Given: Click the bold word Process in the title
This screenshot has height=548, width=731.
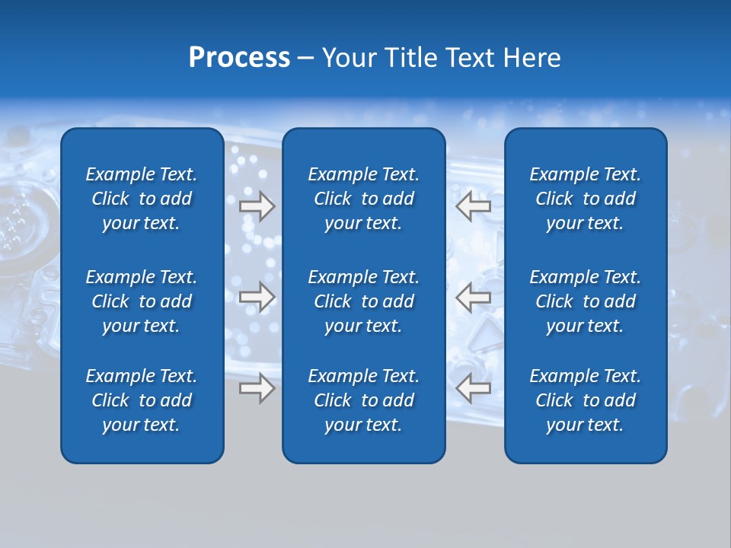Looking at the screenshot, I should point(239,58).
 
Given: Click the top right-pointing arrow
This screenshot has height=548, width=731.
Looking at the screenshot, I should point(257,206).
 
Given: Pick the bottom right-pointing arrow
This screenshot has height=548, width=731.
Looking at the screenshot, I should point(257,388).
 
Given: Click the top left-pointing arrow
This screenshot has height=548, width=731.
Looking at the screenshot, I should point(474,206).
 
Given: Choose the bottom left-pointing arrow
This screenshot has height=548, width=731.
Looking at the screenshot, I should point(474,388).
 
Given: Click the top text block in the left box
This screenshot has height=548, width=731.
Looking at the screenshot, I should point(142,199).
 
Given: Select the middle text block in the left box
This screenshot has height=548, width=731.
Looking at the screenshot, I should point(142,301).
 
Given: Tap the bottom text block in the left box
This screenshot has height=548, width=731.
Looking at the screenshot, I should point(142,400).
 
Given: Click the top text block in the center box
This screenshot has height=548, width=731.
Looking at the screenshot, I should point(363,199).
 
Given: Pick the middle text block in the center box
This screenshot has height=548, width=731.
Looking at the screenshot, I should point(363,301).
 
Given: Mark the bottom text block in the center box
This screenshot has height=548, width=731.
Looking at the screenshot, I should point(363,400).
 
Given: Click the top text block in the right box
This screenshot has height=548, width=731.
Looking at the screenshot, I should point(585,199).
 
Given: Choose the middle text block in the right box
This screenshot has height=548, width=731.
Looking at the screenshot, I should point(585,301).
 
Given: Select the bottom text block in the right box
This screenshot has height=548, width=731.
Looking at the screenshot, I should point(585,400).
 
